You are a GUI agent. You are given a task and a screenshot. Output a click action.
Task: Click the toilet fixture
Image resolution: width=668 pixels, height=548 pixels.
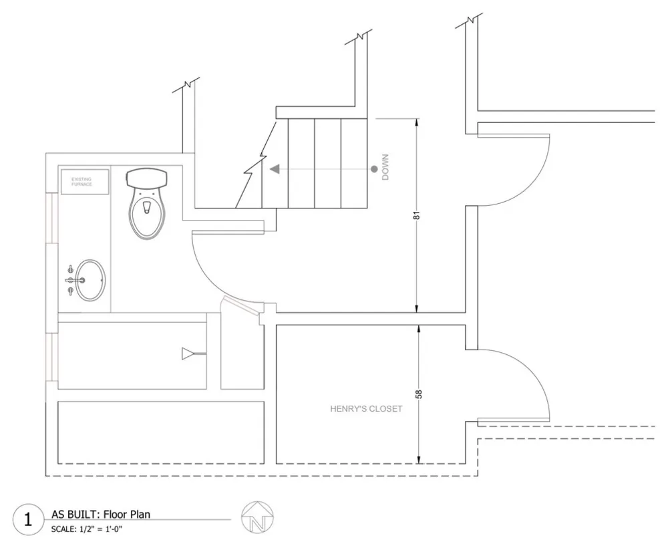coord(147,204)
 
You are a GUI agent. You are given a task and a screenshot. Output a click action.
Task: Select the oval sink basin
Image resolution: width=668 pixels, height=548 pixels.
coord(90,280)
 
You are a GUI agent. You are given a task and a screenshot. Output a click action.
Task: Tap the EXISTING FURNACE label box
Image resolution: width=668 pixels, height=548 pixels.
coord(85,182)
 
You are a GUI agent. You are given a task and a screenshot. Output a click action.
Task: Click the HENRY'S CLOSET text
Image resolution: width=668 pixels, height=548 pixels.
coord(366,408)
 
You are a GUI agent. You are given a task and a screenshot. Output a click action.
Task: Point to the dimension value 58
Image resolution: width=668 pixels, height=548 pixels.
coord(420,394)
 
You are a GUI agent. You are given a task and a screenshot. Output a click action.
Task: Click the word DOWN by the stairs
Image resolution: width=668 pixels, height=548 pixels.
coord(385,167)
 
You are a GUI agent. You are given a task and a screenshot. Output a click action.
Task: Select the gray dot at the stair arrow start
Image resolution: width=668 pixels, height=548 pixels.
coord(374,169)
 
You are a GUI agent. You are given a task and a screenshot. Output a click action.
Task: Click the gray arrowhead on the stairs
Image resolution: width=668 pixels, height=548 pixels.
coord(275,169)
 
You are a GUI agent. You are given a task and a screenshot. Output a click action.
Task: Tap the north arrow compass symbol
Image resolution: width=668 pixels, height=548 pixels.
coord(257,517)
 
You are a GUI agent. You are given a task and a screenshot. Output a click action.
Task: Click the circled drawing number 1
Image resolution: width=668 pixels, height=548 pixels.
coord(28,520)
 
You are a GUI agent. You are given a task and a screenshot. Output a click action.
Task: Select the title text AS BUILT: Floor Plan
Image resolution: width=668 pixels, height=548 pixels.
coord(101,515)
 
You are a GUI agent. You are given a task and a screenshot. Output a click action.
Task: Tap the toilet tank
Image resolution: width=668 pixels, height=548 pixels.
coord(147,178)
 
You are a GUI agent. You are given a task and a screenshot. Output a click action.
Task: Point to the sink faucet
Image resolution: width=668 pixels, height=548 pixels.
coord(75,280)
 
